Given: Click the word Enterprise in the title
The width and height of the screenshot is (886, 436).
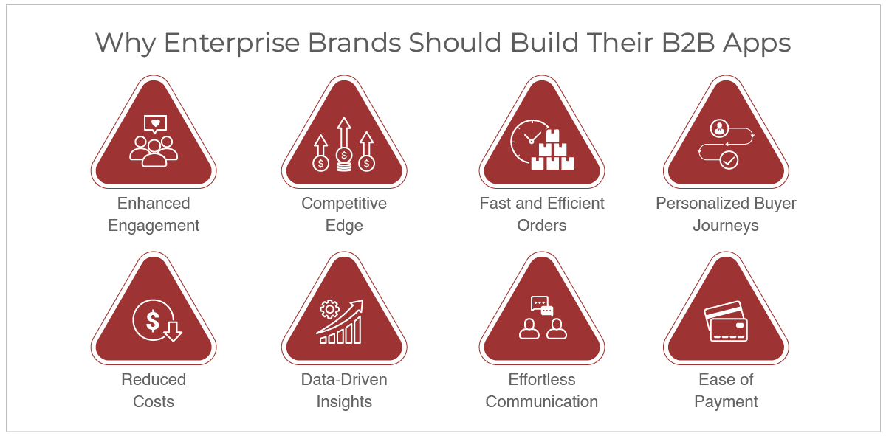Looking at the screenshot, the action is [x=232, y=44].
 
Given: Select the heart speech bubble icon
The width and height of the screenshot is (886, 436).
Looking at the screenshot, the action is [x=156, y=124].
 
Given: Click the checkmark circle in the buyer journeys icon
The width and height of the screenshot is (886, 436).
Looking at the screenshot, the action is [x=729, y=160].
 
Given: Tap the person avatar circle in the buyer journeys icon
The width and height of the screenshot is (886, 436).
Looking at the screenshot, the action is [x=719, y=128].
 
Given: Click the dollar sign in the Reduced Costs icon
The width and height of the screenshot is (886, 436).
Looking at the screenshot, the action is [x=153, y=320].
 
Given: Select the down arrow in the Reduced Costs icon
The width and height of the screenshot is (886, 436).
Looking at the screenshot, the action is [x=173, y=331].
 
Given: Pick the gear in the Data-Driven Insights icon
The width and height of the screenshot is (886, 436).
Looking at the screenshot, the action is [x=329, y=310].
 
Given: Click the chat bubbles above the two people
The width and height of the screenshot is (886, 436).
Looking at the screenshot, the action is [x=542, y=306].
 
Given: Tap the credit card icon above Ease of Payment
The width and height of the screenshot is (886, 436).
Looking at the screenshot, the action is [x=726, y=321].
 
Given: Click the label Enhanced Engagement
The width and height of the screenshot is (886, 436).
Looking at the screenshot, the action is [x=154, y=214].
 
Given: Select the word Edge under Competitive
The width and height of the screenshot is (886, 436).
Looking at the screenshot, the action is [x=344, y=226].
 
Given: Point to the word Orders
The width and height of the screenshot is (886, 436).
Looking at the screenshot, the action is [x=541, y=225].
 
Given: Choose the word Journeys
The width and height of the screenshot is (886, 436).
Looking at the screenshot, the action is [x=726, y=226].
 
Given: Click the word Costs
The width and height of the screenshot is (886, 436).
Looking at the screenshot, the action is [x=154, y=401].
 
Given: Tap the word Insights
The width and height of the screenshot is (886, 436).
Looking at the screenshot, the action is [x=344, y=402].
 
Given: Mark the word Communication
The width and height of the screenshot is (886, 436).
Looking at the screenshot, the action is [x=541, y=401].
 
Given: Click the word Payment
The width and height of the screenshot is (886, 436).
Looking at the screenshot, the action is [x=726, y=402].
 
